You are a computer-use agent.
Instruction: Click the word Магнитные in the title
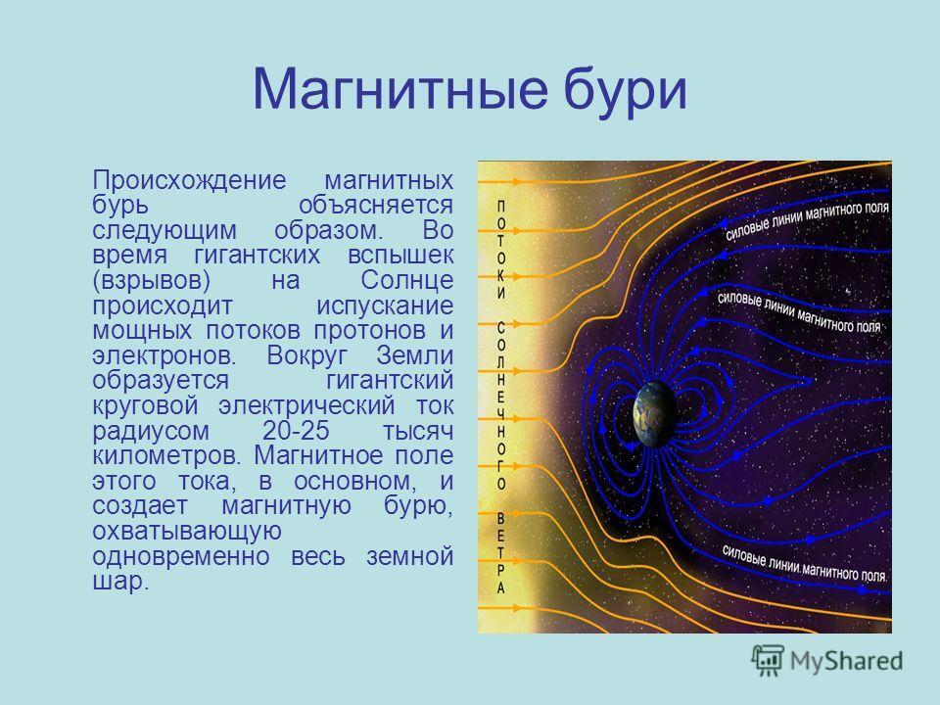pyautogui.click(x=399, y=90)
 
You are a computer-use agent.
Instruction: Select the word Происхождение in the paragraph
pyautogui.click(x=189, y=180)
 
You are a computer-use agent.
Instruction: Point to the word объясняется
pyautogui.click(x=376, y=206)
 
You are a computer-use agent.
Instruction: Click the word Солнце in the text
pyautogui.click(x=407, y=281)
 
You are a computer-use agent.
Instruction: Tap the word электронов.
pyautogui.click(x=164, y=355)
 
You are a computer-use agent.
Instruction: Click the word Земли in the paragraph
pyautogui.click(x=415, y=355)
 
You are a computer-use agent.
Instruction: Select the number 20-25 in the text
pyautogui.click(x=296, y=431)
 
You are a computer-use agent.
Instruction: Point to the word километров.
pyautogui.click(x=168, y=455)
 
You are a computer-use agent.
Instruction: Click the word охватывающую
pyautogui.click(x=187, y=532)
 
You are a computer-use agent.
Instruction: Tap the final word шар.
pyautogui.click(x=120, y=582)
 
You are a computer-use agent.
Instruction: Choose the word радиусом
pyautogui.click(x=151, y=432)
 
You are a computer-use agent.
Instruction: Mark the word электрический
pyautogui.click(x=306, y=405)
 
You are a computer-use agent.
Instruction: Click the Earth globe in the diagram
pyautogui.click(x=655, y=414)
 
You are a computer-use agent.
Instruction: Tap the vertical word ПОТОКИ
pyautogui.click(x=501, y=250)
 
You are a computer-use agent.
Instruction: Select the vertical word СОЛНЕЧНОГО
pyautogui.click(x=501, y=405)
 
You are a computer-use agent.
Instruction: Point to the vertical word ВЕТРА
pyautogui.click(x=501, y=552)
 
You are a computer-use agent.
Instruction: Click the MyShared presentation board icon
pyautogui.click(x=768, y=661)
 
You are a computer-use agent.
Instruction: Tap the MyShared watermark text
pyautogui.click(x=846, y=661)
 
